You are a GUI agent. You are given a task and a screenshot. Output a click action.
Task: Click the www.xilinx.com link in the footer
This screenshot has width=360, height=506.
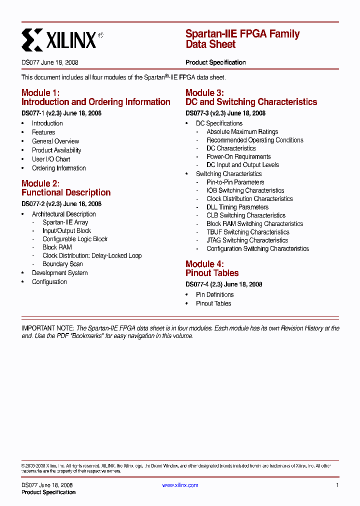tap(180, 485)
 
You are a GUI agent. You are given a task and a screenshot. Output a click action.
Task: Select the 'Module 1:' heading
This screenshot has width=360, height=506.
tap(40, 93)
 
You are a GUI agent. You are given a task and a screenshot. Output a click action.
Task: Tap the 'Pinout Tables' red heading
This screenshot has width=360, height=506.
tap(212, 273)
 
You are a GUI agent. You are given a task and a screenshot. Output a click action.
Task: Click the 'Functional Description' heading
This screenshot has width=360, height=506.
tap(66, 192)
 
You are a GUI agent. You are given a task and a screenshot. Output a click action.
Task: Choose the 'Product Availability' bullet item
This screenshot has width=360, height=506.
tap(56, 150)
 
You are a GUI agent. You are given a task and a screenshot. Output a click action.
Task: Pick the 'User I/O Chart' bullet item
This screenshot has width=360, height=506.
tap(51, 159)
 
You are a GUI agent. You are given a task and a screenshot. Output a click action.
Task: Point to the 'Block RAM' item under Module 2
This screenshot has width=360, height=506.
tap(57, 247)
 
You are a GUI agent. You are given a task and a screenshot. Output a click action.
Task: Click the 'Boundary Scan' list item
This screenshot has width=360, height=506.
tap(62, 264)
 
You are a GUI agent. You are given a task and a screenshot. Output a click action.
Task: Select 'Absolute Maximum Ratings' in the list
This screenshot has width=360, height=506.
tap(242, 132)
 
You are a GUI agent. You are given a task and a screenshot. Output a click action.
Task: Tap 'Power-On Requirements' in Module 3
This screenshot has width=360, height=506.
tap(238, 157)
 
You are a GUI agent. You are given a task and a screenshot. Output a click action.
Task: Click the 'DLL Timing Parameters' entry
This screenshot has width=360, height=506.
tap(237, 207)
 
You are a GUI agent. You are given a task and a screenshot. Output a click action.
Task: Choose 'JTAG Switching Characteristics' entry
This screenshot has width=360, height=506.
tap(247, 240)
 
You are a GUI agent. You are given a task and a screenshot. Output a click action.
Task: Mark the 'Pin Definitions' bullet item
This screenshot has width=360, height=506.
tap(215, 295)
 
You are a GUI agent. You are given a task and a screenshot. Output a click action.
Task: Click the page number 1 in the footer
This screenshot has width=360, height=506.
tap(337, 485)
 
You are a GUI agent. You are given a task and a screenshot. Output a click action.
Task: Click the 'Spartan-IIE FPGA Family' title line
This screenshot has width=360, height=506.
tap(242, 34)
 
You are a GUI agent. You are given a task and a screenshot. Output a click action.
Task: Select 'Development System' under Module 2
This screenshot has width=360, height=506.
tap(60, 273)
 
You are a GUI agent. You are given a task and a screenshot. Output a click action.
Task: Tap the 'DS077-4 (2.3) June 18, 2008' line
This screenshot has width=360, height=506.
tap(224, 284)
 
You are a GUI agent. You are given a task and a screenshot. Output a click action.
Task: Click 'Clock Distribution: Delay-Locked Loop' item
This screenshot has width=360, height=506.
tap(92, 256)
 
